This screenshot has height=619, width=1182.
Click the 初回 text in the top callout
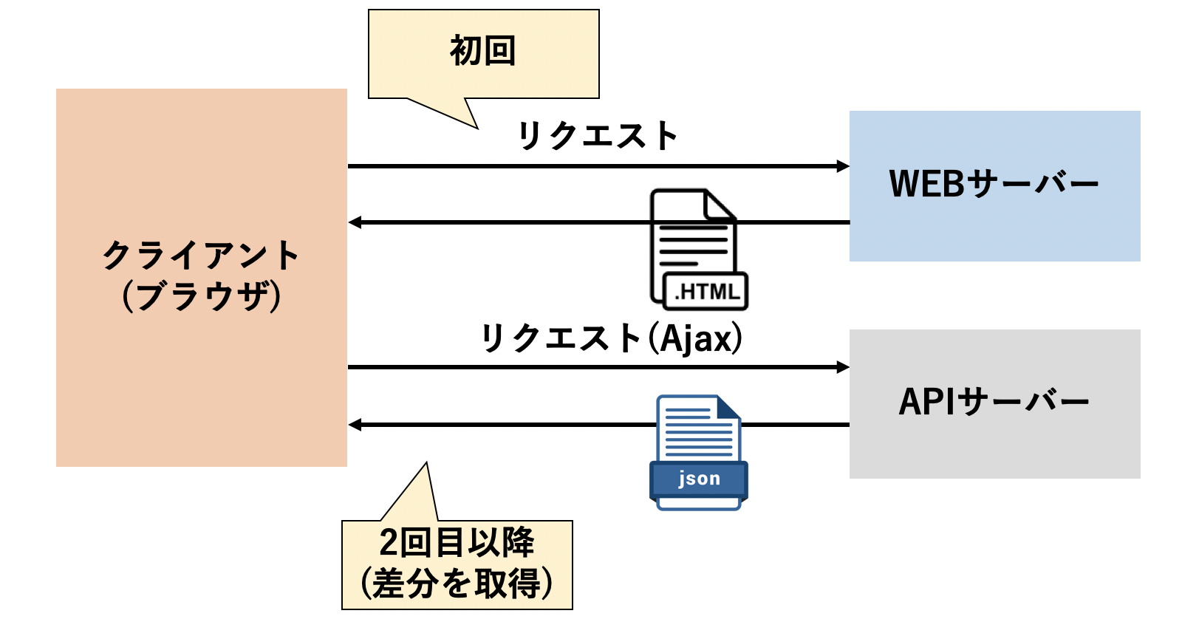482,51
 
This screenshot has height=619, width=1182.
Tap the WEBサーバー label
994,183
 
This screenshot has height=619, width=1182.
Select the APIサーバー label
994,402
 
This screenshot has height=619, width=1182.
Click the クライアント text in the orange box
201,256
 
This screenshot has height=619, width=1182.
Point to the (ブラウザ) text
201,296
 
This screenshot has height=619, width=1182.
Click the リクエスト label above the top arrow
597,136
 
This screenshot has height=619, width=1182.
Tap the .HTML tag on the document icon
706,291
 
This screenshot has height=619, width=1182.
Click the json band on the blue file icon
698,479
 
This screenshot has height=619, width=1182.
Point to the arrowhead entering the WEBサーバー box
843,166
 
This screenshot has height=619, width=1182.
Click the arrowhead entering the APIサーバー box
843,367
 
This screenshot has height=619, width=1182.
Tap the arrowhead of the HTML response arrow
355,222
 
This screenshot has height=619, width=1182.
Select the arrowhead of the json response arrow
355,425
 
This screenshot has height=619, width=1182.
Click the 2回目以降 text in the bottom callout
457,543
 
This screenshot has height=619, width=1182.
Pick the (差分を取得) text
457,584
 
